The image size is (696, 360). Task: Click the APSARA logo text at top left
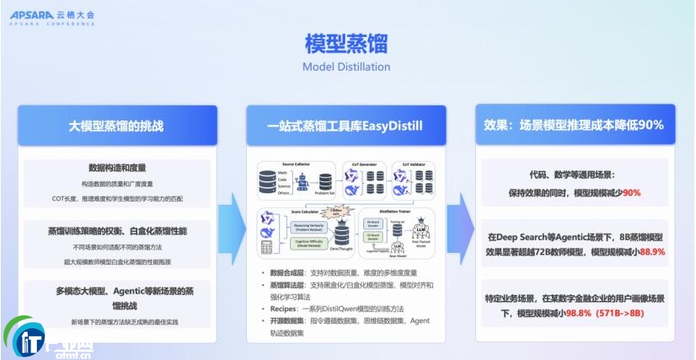33,14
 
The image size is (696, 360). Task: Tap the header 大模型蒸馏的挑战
116,126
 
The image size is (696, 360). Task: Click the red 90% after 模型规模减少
631,193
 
